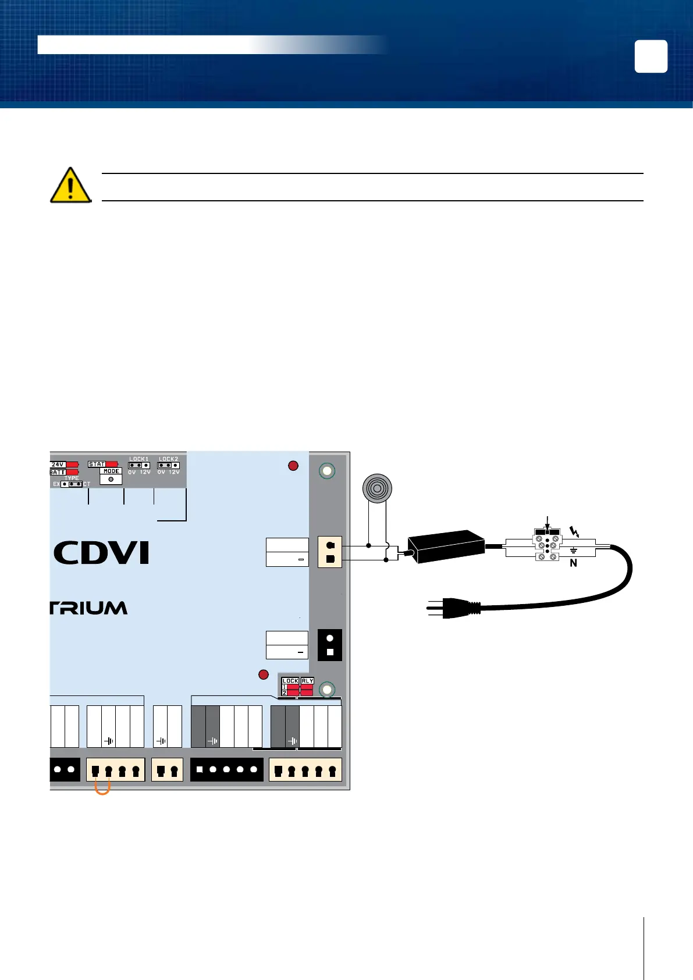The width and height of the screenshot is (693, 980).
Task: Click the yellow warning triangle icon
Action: (70, 185)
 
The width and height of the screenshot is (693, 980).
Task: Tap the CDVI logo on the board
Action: (102, 553)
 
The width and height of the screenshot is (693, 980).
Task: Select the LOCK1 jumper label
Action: (138, 459)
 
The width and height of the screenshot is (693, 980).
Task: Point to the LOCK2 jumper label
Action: (168, 459)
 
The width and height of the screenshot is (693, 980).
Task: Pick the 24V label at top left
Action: (58, 464)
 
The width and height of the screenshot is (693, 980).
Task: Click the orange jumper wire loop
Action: (102, 789)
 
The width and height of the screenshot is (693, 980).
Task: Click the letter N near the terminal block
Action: (573, 563)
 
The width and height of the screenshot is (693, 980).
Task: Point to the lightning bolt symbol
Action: (575, 532)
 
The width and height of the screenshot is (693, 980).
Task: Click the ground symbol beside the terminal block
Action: (573, 550)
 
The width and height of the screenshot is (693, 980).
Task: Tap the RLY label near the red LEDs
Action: (307, 680)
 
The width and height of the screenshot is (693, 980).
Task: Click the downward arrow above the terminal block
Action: (547, 523)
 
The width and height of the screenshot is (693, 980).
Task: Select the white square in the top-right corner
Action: (651, 56)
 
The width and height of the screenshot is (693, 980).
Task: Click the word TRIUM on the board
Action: (88, 608)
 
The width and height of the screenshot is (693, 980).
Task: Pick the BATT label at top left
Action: (57, 472)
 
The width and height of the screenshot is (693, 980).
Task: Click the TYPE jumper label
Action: (72, 478)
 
